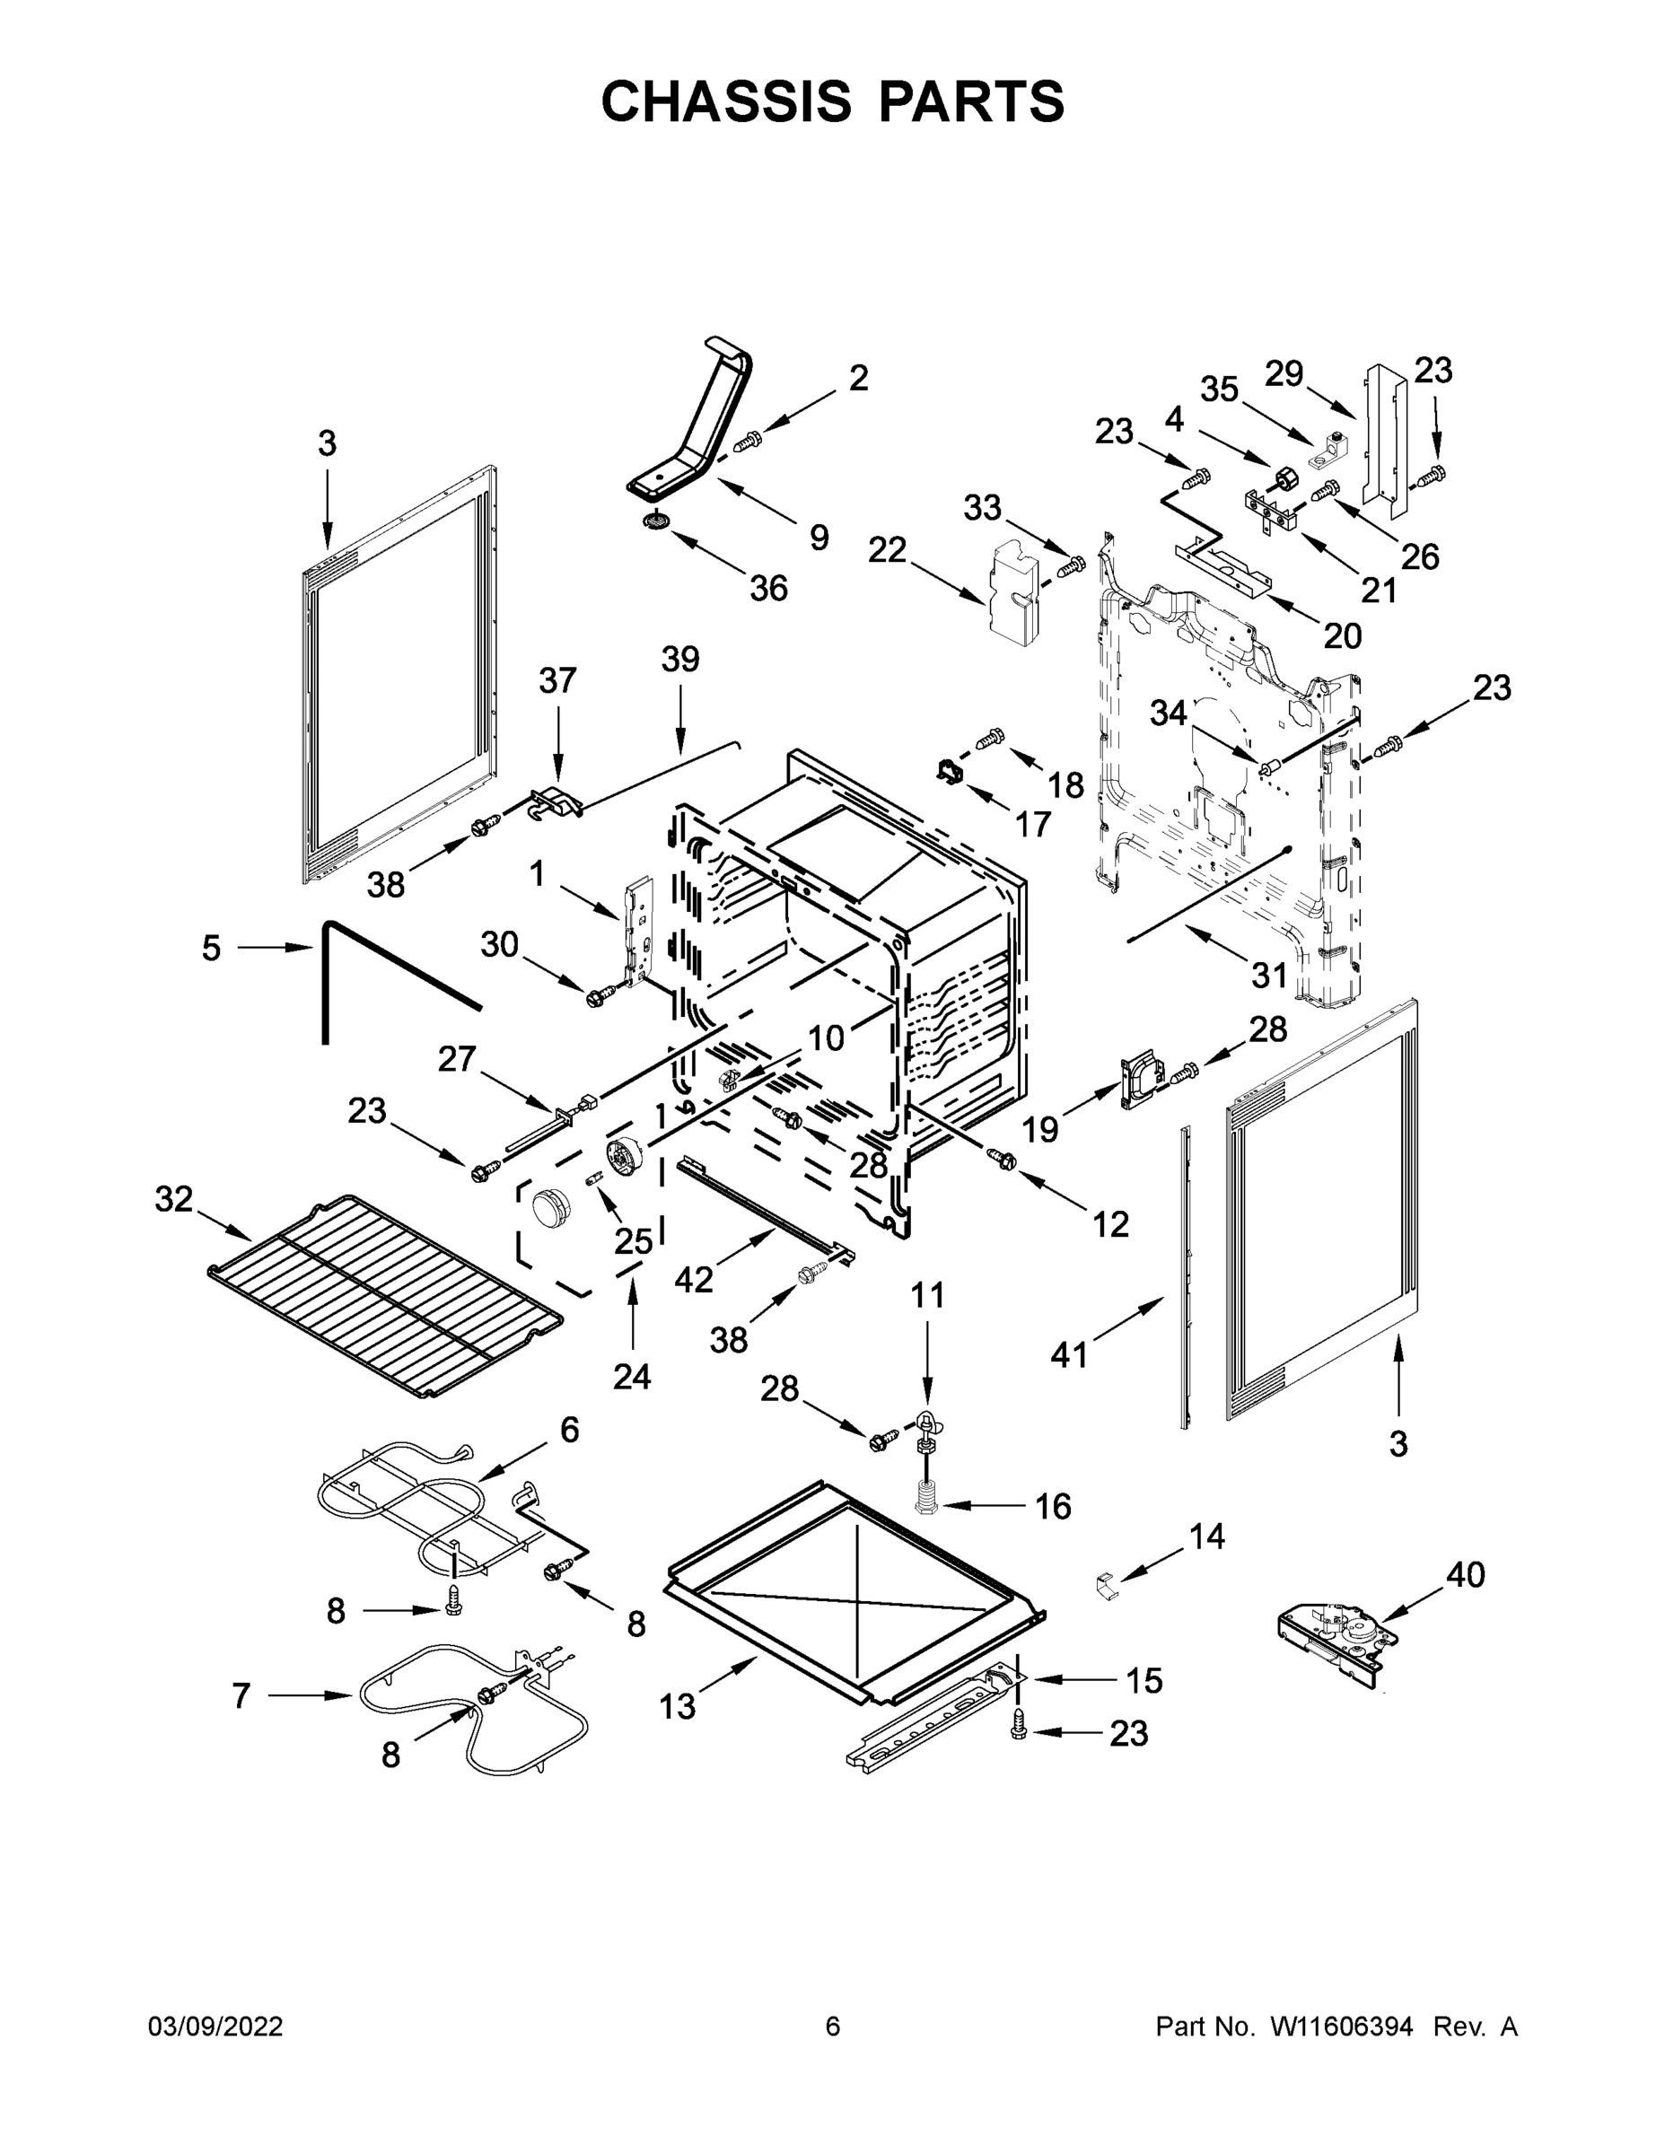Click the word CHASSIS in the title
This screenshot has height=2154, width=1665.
click(726, 101)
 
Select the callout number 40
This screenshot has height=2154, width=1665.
click(1465, 1574)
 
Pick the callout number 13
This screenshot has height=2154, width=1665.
click(677, 1706)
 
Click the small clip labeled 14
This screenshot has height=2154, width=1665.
click(1109, 1587)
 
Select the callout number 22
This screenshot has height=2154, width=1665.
click(887, 550)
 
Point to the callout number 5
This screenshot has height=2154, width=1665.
click(211, 949)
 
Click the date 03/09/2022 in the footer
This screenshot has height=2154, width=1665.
click(215, 2026)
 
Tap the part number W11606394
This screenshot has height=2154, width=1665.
click(1342, 2026)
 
